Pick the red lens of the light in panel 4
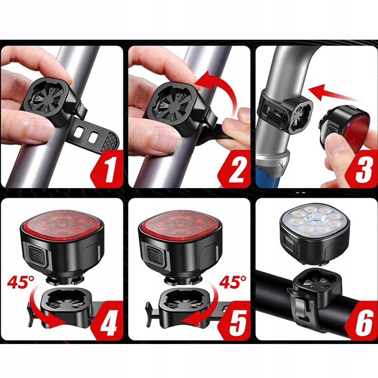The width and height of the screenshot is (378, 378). click(62, 223)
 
